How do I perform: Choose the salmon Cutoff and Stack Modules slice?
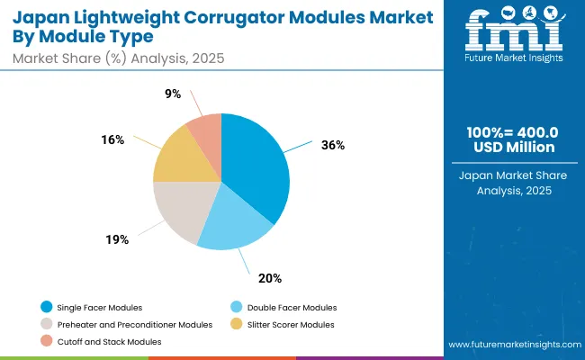click(x=206, y=130)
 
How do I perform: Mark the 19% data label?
click(x=117, y=240)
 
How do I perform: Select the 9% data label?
click(x=173, y=94)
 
